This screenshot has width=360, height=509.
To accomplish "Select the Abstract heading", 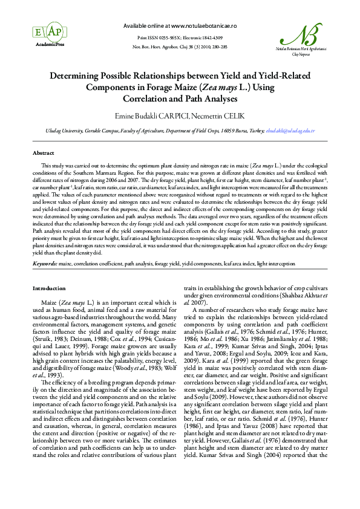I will point(44,154).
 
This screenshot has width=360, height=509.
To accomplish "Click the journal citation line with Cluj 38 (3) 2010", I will point(180,47).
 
